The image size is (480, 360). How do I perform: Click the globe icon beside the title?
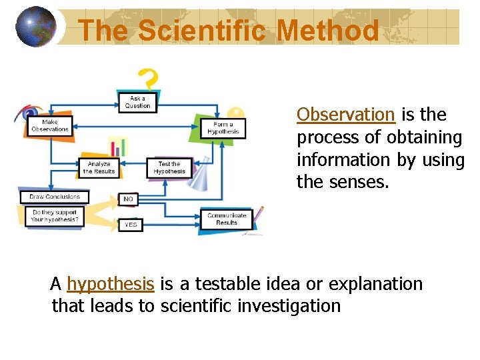point(35,26)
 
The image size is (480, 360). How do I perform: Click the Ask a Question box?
point(137,102)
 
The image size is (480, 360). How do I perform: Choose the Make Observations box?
point(50,125)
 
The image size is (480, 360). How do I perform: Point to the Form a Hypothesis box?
point(223,128)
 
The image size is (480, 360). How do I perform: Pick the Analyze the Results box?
point(99,167)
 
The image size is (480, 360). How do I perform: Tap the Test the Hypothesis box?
point(169,167)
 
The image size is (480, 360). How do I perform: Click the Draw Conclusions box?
point(54,197)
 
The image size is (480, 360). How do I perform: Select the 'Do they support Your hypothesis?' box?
point(55,216)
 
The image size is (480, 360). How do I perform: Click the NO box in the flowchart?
point(129,199)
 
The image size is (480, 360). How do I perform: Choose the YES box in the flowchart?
point(130,225)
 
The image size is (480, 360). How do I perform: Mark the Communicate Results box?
point(227,219)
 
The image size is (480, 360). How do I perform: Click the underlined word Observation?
point(345,115)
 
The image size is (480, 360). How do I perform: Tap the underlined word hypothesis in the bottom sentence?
point(111,284)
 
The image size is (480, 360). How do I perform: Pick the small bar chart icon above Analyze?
point(119,147)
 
